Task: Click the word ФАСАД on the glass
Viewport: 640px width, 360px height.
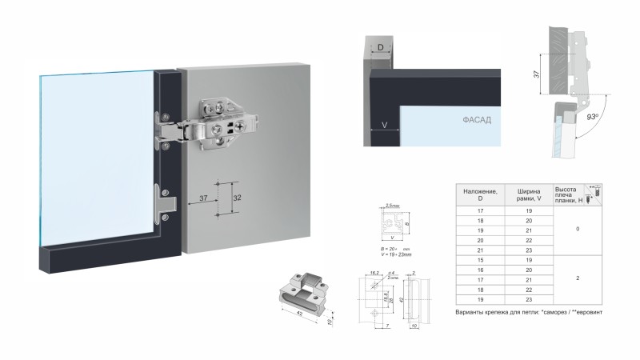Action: [476, 121]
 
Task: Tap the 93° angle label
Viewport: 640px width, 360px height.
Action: [593, 117]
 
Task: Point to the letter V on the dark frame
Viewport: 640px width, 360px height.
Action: [385, 126]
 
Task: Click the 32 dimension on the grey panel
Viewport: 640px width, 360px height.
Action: [236, 196]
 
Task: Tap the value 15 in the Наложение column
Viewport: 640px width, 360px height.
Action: [481, 259]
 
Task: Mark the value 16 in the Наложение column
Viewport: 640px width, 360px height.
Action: [481, 270]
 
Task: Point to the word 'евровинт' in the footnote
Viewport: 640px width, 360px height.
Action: [590, 310]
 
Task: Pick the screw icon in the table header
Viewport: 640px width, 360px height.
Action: [593, 191]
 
